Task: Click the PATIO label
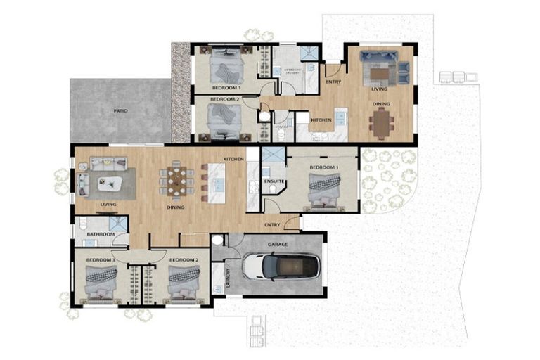[x=120, y=110]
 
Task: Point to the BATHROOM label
[x=101, y=234]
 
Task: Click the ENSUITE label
[x=274, y=181]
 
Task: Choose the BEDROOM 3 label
[x=101, y=261]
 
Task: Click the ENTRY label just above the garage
[x=272, y=225]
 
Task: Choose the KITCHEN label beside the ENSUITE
[x=233, y=160]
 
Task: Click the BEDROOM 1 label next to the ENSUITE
[x=323, y=167]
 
